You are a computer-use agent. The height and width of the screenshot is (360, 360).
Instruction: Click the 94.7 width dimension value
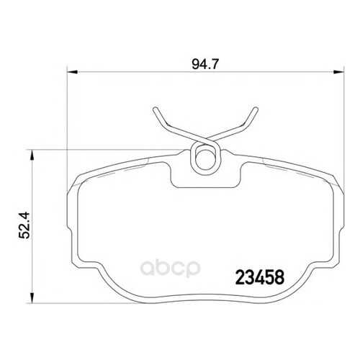coord(205,64)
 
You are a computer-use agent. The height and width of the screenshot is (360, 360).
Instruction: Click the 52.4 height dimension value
coord(24,225)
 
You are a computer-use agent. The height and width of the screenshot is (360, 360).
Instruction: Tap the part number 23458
coord(260,277)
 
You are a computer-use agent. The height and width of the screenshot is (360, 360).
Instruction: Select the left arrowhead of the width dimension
coord(72,71)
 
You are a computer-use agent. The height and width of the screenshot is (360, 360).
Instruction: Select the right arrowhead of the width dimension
coord(338,71)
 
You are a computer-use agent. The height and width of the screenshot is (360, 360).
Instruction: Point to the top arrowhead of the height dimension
coord(32,155)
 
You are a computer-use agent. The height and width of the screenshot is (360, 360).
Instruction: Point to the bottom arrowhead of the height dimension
coord(32,298)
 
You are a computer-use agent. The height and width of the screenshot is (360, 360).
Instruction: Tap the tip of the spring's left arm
coord(156,108)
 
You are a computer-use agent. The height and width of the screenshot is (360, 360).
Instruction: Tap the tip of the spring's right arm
coord(256,109)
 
